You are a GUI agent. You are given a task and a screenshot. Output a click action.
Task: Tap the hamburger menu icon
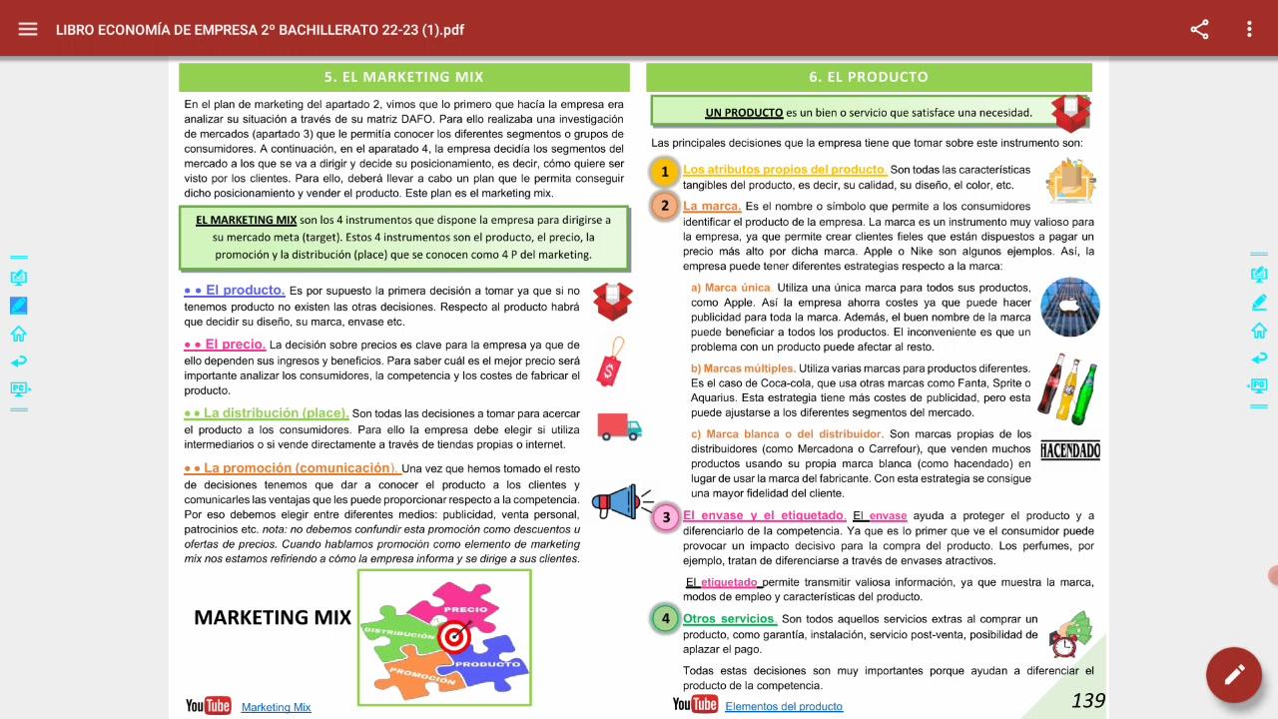[28, 29]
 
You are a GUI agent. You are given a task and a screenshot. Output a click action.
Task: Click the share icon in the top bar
[1199, 29]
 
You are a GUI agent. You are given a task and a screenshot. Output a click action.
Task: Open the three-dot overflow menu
[1249, 29]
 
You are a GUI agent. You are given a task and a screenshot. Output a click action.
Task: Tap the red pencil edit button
[1234, 675]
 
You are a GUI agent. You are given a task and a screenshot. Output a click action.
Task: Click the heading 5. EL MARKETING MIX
[403, 77]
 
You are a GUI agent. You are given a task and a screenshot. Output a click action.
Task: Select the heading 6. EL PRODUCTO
[869, 77]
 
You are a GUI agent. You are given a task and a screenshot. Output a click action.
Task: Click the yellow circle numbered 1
[665, 173]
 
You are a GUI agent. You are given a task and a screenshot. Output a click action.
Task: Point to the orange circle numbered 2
[665, 207]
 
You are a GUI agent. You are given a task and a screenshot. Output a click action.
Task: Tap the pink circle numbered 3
[666, 517]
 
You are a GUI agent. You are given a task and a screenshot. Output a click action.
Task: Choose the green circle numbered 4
[665, 619]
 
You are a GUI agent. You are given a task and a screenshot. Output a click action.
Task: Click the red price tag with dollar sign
[611, 361]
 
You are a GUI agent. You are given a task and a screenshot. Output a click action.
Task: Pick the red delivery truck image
[619, 426]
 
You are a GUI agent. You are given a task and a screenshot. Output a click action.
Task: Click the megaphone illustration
[620, 502]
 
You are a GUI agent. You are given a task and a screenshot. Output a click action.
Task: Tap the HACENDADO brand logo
[1069, 450]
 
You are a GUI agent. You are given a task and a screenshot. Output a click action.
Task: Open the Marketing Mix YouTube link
[276, 707]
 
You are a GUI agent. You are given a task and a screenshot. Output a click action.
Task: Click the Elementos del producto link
[784, 706]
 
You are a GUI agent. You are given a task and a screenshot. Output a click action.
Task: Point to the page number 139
[1087, 701]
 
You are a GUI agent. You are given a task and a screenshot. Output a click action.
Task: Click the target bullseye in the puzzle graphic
[454, 634]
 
